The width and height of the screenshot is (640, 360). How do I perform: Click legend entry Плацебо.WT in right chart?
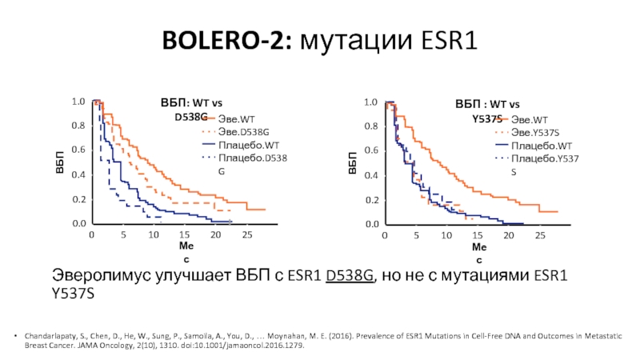pos(541,146)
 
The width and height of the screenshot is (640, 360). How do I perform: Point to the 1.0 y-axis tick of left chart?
pos(78,102)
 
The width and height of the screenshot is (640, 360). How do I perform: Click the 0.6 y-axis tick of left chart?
pos(78,150)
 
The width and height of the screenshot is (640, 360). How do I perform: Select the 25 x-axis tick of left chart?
pos(247,235)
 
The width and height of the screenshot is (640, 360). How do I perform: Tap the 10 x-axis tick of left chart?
pos(154,235)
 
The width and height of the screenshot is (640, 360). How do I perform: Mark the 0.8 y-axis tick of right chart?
pos(370,126)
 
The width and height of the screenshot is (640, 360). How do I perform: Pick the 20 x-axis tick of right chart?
pos(509,235)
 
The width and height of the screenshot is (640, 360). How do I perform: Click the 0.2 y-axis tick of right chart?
pos(370,200)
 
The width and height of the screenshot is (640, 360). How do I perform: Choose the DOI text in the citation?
pos(247,349)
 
